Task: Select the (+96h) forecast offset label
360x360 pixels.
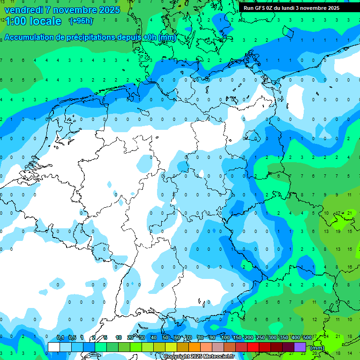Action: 81,21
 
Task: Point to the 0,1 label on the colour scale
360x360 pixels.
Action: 60,338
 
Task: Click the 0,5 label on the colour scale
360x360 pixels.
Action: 72,338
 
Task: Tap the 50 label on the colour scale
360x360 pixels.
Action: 165,338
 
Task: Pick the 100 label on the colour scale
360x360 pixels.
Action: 225,338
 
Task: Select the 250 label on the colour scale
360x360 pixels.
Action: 260,338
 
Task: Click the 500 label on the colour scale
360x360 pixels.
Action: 307,338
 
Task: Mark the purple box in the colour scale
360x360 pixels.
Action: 300,347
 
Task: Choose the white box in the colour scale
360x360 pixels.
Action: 54,347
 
